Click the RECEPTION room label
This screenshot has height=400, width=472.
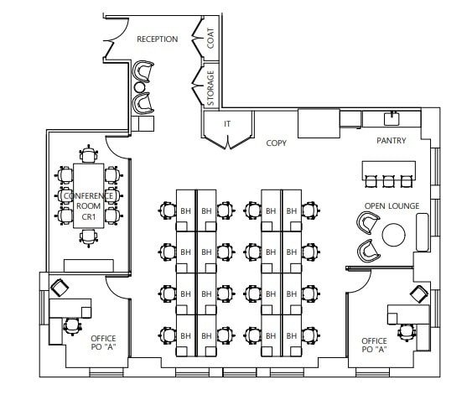click(157, 39)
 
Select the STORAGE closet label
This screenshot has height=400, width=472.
click(210, 88)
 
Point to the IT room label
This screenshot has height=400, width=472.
click(226, 124)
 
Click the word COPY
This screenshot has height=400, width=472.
click(276, 143)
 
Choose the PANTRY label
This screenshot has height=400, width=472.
click(391, 141)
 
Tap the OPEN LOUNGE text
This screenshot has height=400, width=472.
click(391, 205)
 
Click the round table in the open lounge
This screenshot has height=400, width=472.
click(394, 235)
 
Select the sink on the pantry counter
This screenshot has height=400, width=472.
click(390, 116)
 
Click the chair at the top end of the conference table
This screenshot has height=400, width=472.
click(89, 154)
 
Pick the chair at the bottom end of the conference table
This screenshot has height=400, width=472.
click(89, 236)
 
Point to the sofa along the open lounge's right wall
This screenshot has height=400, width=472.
click(422, 231)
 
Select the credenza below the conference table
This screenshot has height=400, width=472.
click(88, 266)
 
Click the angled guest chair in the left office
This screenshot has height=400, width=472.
click(60, 288)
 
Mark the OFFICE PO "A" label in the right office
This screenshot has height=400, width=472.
click(374, 345)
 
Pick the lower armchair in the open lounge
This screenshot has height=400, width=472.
click(366, 250)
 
